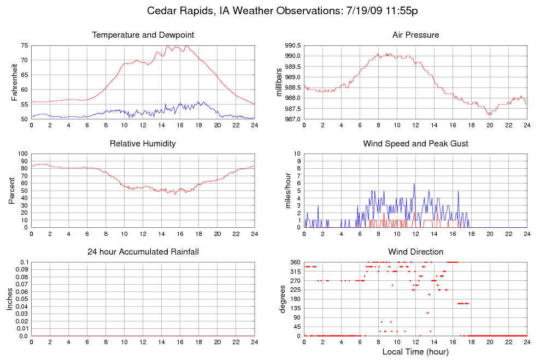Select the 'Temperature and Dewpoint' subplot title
coord(143,35)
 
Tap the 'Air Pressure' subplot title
coord(415,35)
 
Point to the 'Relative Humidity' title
coord(143,144)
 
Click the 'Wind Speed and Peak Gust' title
coord(415,144)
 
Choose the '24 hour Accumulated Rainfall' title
coord(143,252)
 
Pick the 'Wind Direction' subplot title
coord(415,252)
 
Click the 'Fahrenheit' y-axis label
coord(15,82)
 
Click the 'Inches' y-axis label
coord(10,299)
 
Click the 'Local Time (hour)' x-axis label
coord(415,352)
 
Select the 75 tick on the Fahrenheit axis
coord(24,45)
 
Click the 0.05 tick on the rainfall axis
coord(21,299)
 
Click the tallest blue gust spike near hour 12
coord(414,184)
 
